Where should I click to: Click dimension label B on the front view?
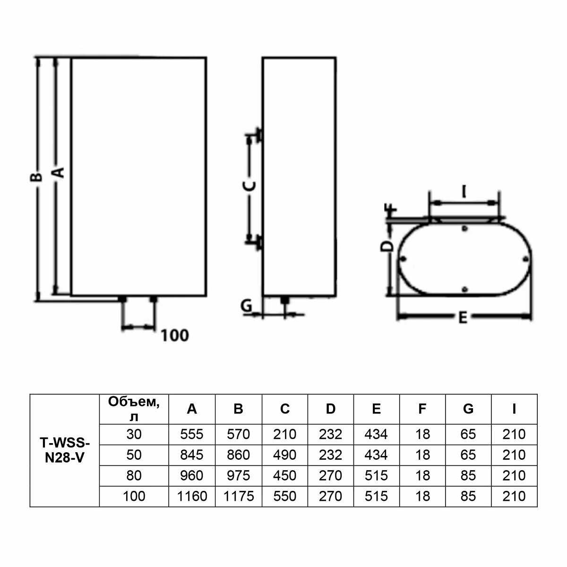coord(36,177)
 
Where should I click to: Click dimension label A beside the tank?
coord(60,172)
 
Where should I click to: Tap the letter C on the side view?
coord(249,186)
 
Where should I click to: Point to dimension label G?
coord(247,306)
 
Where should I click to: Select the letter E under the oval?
coord(463,318)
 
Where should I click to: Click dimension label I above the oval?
coord(464,192)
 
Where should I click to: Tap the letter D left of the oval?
coord(387,246)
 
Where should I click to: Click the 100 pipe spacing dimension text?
coord(175,335)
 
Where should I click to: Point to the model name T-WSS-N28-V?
coord(64,450)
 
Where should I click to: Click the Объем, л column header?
coord(134,409)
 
